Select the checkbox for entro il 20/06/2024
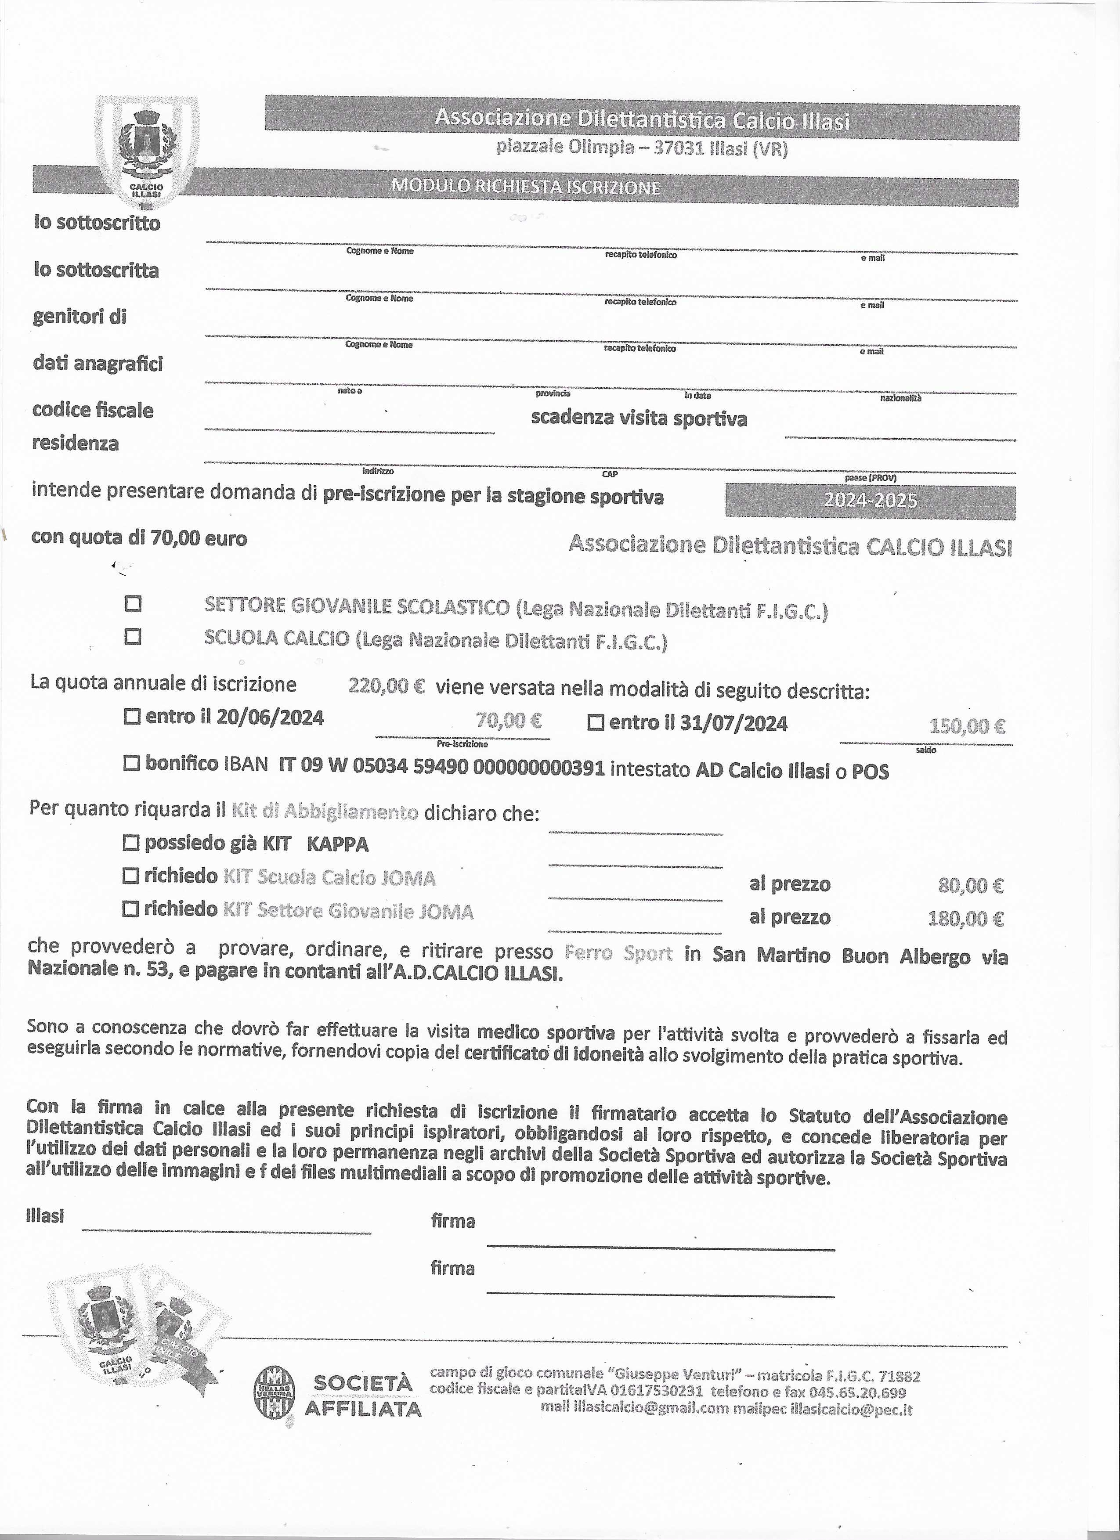(133, 716)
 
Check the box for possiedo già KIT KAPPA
(131, 843)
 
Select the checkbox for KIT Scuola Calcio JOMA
(131, 876)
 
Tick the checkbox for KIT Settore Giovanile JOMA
(131, 909)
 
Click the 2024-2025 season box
(870, 501)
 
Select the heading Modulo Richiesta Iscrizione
(525, 188)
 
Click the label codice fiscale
(93, 410)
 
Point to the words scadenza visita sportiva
(639, 418)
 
